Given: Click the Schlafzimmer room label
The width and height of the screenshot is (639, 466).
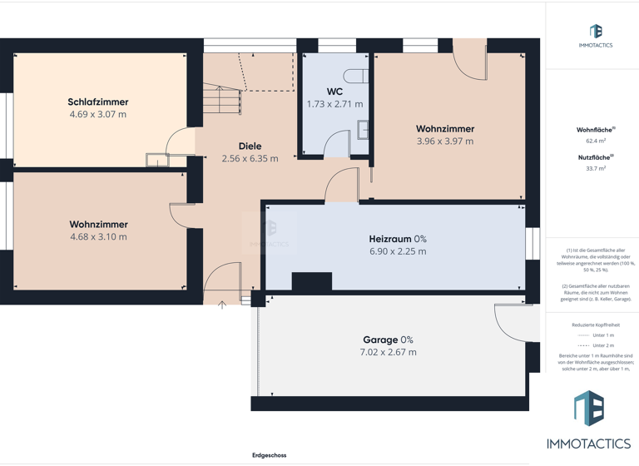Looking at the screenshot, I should point(98,102).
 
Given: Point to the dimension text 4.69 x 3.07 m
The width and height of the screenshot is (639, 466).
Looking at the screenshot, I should point(98,115).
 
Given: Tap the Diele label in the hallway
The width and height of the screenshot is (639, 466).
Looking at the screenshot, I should point(250,146).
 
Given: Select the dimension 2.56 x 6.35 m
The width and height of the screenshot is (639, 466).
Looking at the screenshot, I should point(250,158).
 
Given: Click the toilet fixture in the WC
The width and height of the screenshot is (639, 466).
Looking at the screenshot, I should point(356,77).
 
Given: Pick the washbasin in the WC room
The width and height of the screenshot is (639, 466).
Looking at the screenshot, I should point(364,129).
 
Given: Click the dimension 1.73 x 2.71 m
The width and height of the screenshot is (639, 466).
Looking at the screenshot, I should point(334,104).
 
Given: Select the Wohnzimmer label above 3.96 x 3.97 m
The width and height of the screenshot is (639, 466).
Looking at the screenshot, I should point(445,129).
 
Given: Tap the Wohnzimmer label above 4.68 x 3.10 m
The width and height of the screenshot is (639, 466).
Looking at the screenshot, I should point(98,225).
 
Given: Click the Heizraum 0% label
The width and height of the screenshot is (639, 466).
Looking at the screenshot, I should point(398,239).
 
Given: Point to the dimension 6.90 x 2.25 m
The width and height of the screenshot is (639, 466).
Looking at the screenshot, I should point(398,251).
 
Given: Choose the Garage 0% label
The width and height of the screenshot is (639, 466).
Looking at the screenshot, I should point(388,340).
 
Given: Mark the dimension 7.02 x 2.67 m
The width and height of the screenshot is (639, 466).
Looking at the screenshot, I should point(388,352).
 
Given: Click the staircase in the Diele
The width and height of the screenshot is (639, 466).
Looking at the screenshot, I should point(223,100).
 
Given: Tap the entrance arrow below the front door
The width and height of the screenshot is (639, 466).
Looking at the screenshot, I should point(222,305).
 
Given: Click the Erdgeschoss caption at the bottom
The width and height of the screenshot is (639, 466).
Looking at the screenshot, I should point(270,455).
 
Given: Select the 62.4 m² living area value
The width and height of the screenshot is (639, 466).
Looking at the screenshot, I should point(596,141).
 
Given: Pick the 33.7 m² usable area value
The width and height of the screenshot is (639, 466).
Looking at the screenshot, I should point(596,168).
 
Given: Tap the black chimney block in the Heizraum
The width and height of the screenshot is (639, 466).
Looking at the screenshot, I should point(311,282).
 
